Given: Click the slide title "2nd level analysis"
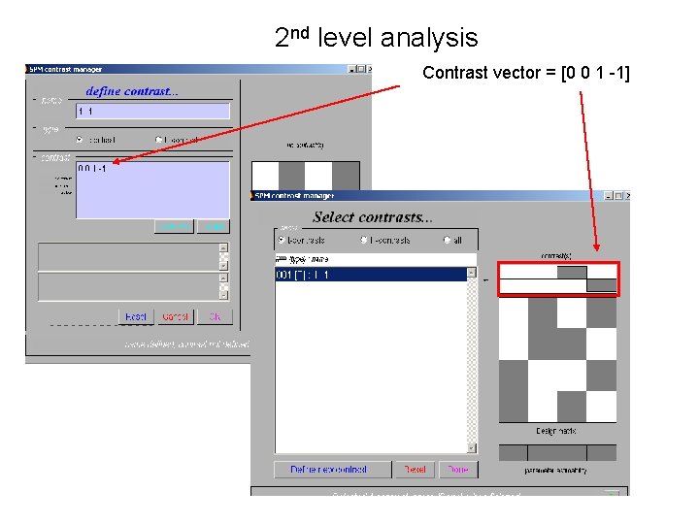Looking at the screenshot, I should pos(377,38).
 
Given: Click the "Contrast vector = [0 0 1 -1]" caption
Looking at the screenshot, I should pos(526,72).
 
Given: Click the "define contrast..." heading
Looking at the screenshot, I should pos(131,91).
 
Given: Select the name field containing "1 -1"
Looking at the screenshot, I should pos(153,112).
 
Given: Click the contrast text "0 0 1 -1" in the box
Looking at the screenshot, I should pos(92,169).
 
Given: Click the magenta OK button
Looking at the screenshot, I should pos(216,317).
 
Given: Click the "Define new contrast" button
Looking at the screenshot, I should pos(328,470).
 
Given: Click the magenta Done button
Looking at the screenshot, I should pos(457,470).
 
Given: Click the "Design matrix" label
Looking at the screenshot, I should pos(558,430).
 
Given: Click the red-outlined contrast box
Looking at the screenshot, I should pos(557,278).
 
